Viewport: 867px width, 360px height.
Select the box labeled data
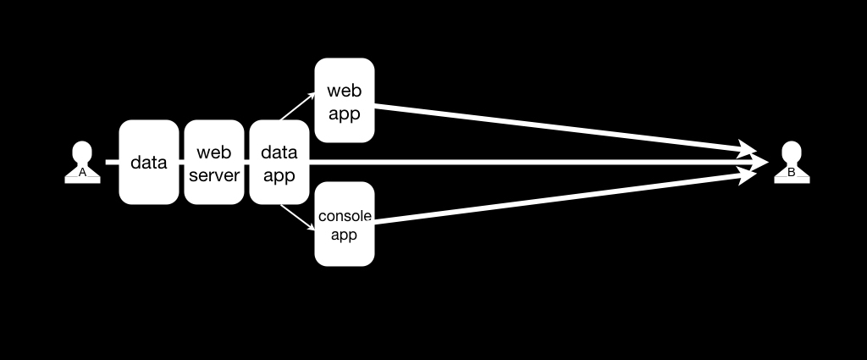coord(149,162)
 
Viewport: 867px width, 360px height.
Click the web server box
coord(214,162)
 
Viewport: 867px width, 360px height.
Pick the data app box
coord(279,162)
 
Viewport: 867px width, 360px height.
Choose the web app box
coord(345,100)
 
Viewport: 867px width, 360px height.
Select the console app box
coord(345,224)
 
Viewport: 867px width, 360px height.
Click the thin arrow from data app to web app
coord(297,106)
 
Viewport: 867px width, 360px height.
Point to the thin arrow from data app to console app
coord(297,218)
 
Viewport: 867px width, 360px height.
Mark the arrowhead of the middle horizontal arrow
coord(759,162)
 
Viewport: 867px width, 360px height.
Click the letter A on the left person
coord(82,173)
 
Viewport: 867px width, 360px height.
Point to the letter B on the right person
coord(792,173)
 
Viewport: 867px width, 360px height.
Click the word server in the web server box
coord(214,175)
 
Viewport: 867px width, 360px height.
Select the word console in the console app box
coord(345,216)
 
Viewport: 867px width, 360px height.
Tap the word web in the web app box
coord(344,90)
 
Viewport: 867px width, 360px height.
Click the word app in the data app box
coord(279,176)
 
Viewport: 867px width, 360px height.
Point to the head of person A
coord(82,152)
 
